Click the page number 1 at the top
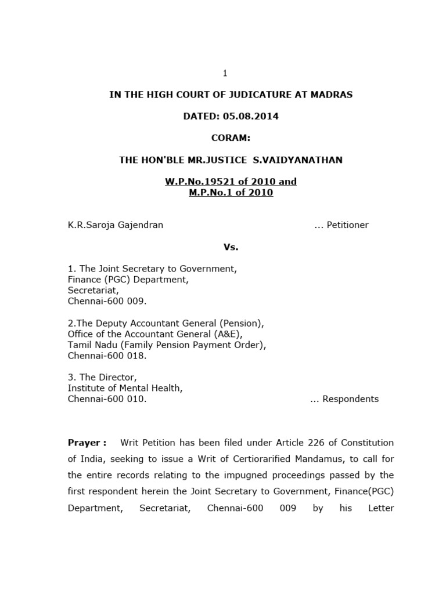225,73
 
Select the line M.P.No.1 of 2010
231,193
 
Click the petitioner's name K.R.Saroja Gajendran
116,225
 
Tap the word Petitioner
347,225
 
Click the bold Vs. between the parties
231,247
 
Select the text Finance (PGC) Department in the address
128,280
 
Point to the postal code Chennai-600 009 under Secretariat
107,301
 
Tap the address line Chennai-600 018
107,356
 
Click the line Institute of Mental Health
125,388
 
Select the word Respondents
350,399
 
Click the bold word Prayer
85,443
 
